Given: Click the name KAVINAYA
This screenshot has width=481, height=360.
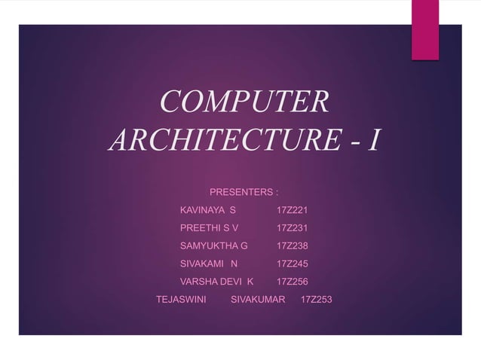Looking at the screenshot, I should pos(201,209).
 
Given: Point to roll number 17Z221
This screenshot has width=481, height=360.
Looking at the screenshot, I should pos(293,209).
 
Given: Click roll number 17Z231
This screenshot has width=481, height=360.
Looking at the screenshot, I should pos(293,227).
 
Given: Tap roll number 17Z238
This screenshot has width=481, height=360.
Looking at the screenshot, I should pos(293,246).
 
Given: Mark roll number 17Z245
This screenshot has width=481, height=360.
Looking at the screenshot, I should pos(293,264).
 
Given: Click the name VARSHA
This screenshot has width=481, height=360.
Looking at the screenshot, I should pos(198,282).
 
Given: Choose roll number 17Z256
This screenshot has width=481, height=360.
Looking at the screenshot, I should pos(293,282).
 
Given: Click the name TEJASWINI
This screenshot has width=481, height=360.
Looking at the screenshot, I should pos(181,300).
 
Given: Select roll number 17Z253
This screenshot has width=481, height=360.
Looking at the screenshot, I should pos(316,300).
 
